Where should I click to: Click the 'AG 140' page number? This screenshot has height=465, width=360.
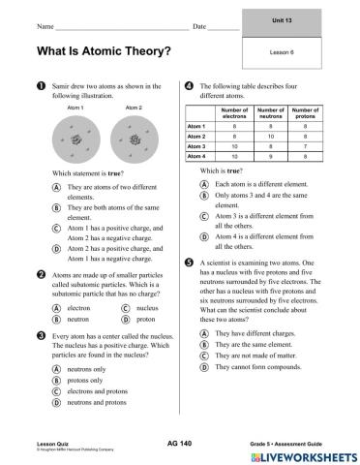(180, 441)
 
